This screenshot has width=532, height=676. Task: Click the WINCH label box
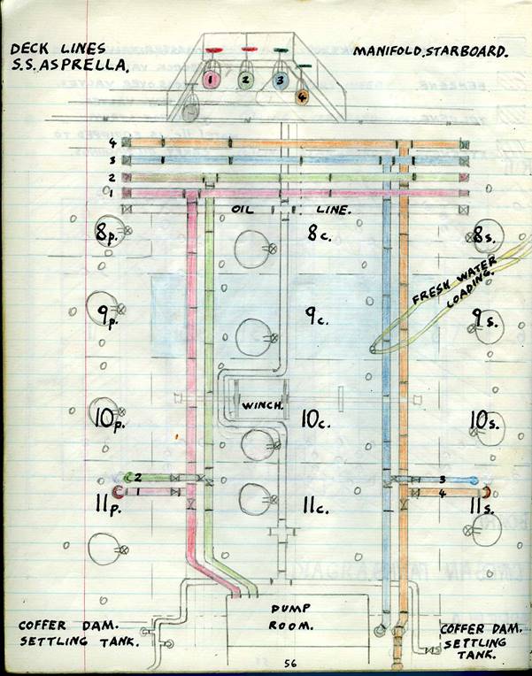tap(262, 406)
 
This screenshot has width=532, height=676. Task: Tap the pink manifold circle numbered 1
tap(212, 80)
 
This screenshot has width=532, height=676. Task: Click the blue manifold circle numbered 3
tap(279, 81)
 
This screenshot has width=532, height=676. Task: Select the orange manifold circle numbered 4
tap(302, 97)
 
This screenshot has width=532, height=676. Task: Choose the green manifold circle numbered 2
tap(246, 81)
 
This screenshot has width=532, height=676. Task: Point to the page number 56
tap(290, 663)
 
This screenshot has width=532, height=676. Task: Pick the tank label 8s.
tap(486, 235)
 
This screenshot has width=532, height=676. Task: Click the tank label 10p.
tap(107, 417)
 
